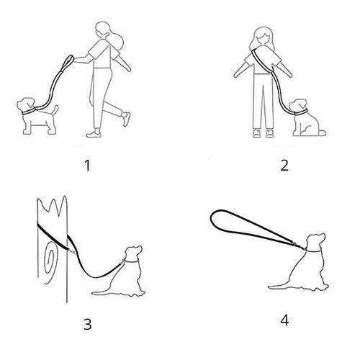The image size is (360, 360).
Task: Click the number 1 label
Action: (x=88, y=166)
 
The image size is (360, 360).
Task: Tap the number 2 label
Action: (x=284, y=166)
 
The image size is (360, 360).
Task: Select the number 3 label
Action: (x=88, y=324)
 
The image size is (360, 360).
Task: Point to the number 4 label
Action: (x=284, y=320)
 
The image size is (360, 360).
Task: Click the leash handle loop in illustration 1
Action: (x=68, y=62)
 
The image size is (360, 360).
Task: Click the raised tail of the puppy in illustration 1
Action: (x=55, y=110)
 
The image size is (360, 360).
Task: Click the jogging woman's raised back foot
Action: (x=125, y=118)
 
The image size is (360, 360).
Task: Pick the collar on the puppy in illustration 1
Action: (x=28, y=112)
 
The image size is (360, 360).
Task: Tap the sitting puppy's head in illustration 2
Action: (x=298, y=106)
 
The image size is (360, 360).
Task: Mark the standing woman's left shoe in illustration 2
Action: (x=269, y=133)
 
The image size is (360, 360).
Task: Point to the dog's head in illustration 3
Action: (x=133, y=253)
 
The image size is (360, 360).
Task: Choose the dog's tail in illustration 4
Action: (x=279, y=287)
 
